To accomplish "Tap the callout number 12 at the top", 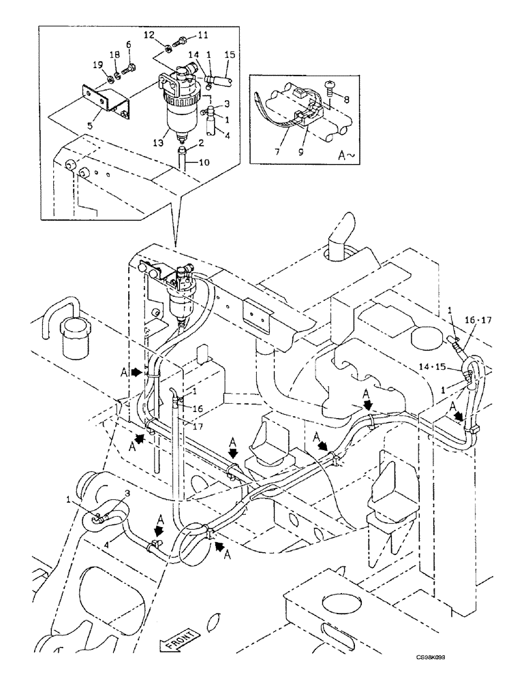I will pyautogui.click(x=151, y=34).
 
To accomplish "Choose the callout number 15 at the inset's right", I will pyautogui.click(x=230, y=54).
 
